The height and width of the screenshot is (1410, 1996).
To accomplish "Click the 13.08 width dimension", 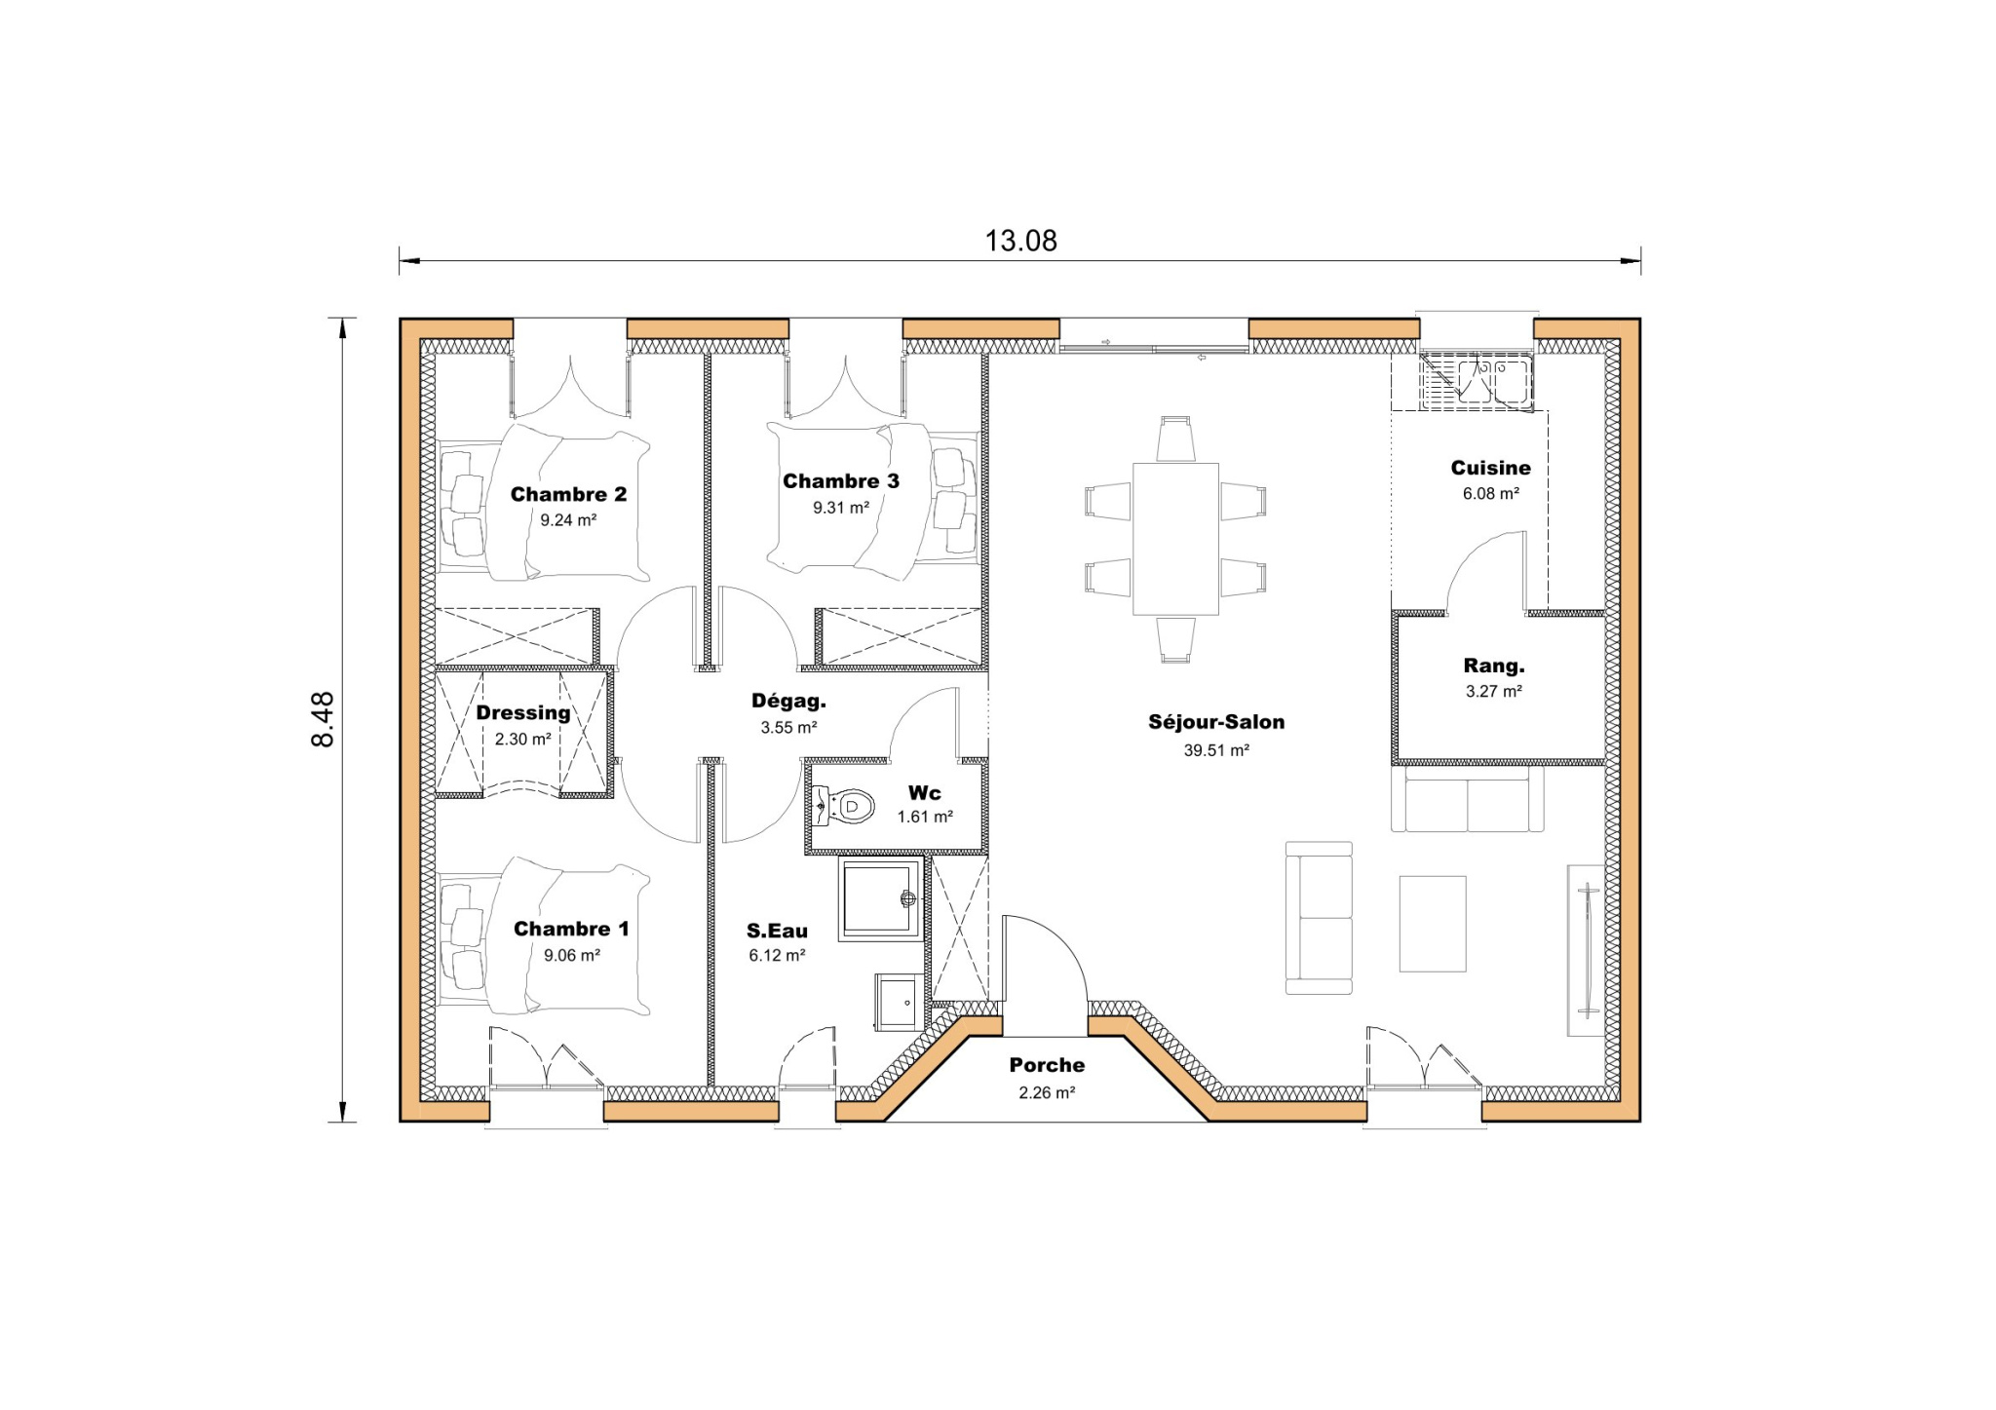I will pyautogui.click(x=1020, y=241).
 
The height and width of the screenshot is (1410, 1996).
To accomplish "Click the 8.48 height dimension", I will pyautogui.click(x=323, y=719).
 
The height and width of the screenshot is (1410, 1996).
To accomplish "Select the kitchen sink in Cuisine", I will pyautogui.click(x=1478, y=382).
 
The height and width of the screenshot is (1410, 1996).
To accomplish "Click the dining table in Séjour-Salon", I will pyautogui.click(x=1175, y=538).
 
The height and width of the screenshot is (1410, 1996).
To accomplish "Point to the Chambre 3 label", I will pyautogui.click(x=841, y=481).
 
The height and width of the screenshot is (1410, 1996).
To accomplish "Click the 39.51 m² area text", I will pyautogui.click(x=1216, y=750).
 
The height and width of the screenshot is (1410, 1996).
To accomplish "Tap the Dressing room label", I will pyautogui.click(x=523, y=713).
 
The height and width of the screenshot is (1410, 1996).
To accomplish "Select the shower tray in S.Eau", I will pyautogui.click(x=880, y=897).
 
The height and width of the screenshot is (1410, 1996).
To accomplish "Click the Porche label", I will pyautogui.click(x=1047, y=1065).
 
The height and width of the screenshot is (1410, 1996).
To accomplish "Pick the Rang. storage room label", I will pyautogui.click(x=1493, y=667).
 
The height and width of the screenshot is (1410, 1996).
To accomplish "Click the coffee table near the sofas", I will pyautogui.click(x=1432, y=924).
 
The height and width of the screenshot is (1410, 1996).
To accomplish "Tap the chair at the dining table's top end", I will pyautogui.click(x=1175, y=439).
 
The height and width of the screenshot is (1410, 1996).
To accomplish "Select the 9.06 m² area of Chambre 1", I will pyautogui.click(x=571, y=956).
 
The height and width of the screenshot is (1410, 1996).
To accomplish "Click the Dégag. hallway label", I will pyautogui.click(x=788, y=701).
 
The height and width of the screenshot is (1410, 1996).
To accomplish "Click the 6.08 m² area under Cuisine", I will pyautogui.click(x=1490, y=494).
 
